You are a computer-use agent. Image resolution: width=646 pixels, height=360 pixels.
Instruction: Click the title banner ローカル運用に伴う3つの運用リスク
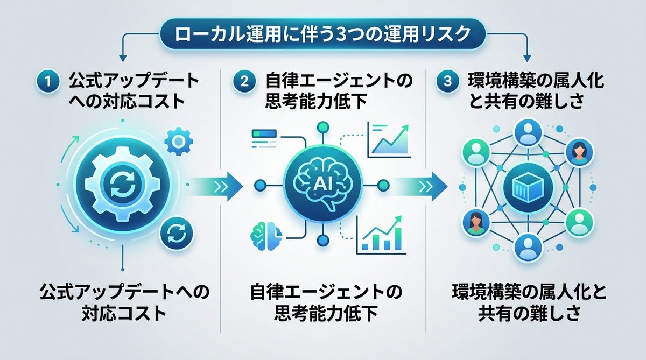(322, 35)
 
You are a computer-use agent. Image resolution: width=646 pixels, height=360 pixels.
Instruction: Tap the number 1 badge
(47, 81)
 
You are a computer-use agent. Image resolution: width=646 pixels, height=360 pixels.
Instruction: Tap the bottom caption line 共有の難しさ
(529, 313)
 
